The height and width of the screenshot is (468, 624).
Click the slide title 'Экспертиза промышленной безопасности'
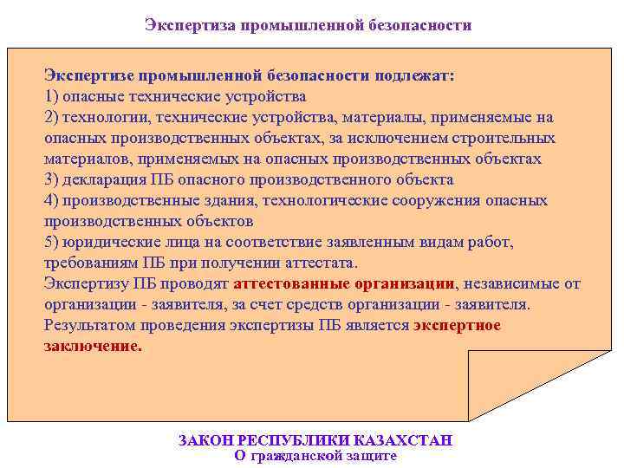click(309, 25)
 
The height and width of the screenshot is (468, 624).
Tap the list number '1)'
click(52, 96)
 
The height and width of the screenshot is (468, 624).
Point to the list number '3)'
click(52, 180)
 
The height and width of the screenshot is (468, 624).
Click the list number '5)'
click(52, 243)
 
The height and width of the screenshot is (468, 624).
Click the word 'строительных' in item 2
click(508, 138)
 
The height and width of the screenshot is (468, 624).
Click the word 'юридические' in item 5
click(108, 243)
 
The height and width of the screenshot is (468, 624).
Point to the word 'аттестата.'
click(321, 263)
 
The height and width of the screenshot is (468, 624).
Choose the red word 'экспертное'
click(457, 326)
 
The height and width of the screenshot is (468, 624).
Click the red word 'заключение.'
click(92, 346)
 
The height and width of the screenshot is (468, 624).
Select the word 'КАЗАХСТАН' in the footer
click(406, 440)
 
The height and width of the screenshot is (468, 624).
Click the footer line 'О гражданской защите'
click(315, 456)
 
